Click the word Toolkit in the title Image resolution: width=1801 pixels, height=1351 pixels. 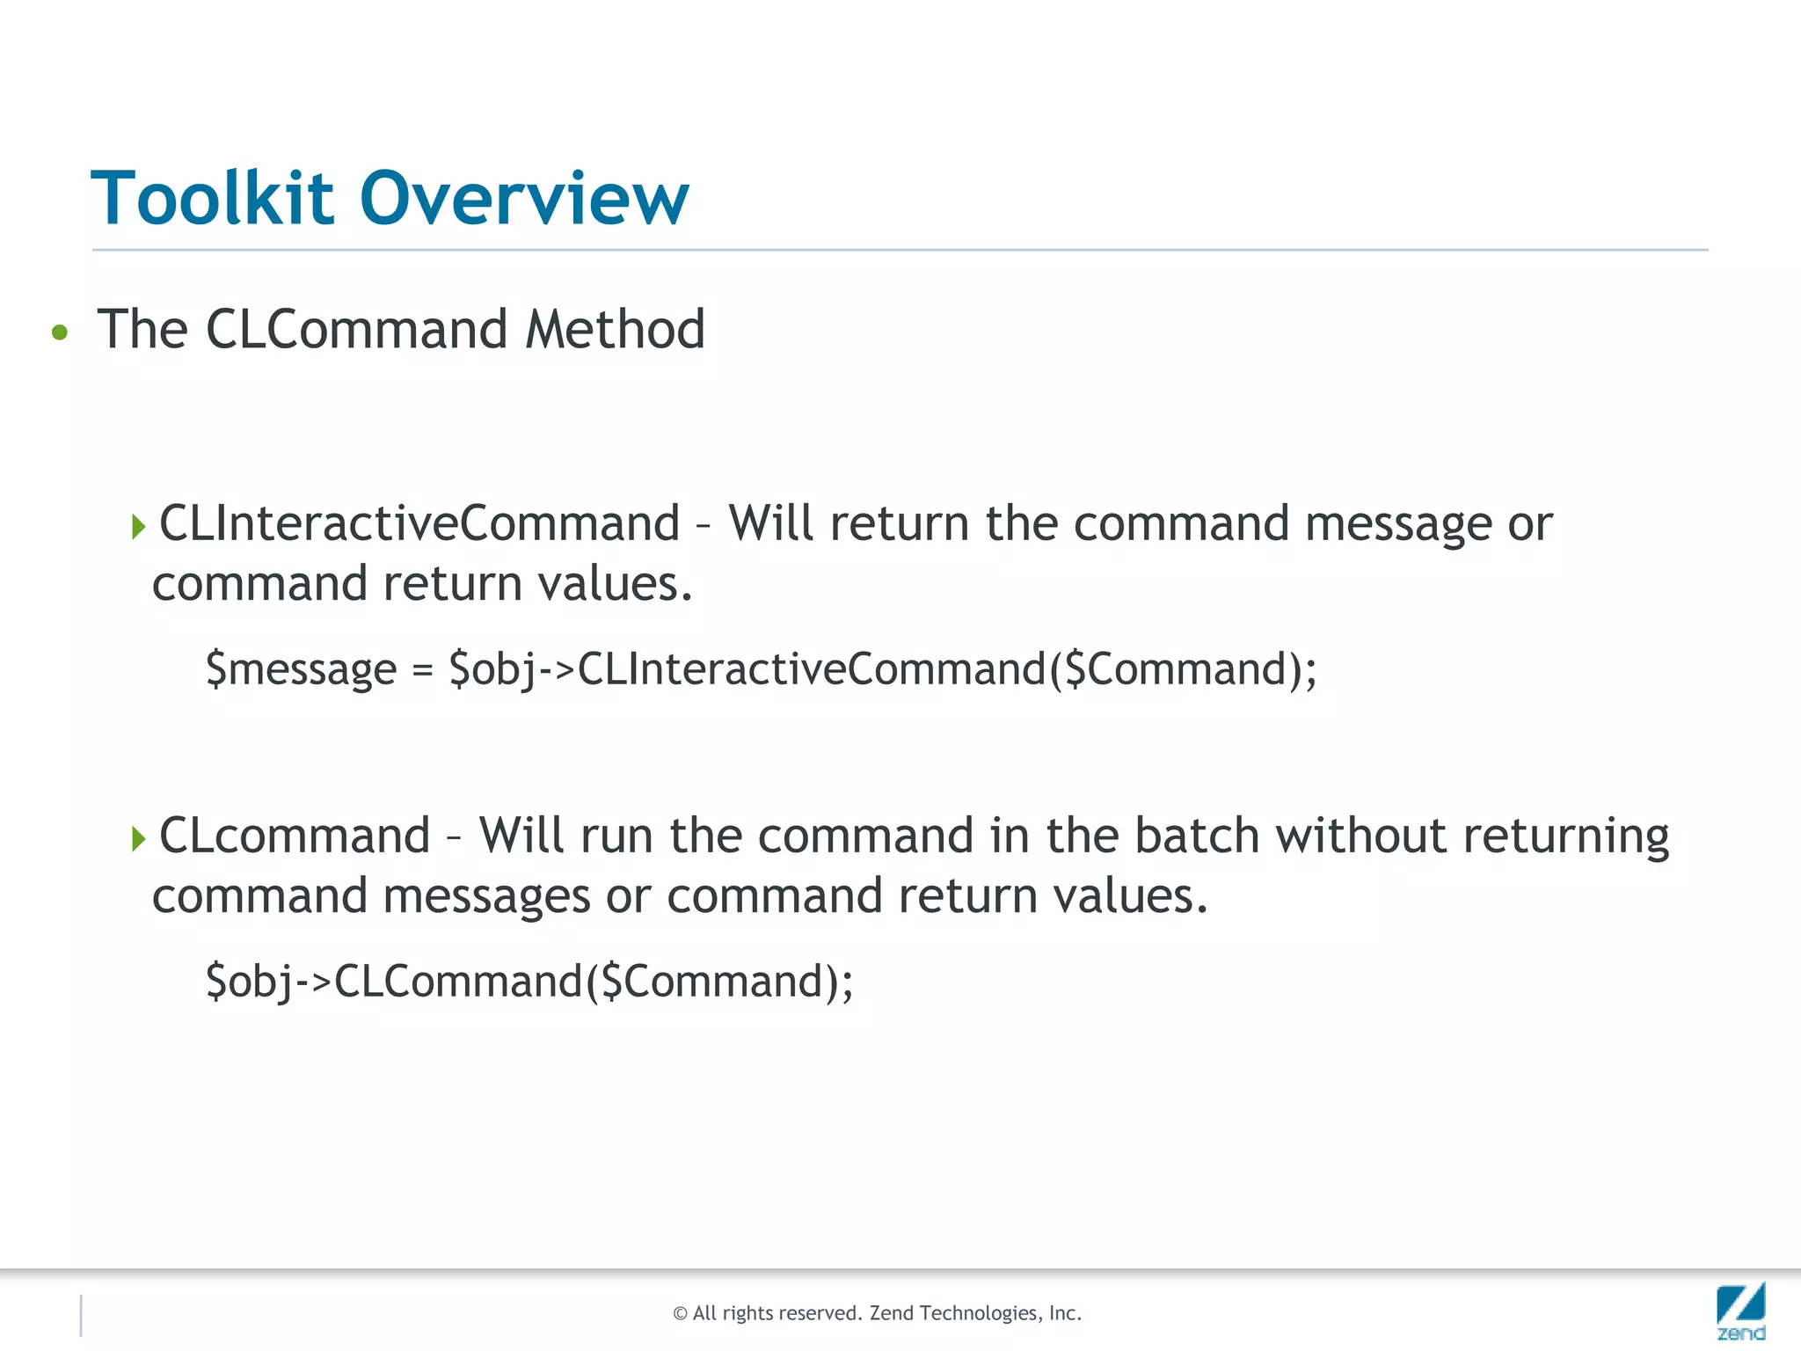tap(212, 199)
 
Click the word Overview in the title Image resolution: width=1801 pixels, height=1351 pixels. tap(524, 199)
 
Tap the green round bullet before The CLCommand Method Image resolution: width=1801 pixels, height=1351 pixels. tap(60, 332)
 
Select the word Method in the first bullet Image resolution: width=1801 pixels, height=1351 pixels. tap(615, 330)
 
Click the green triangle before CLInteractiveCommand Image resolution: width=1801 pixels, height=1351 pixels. tap(138, 527)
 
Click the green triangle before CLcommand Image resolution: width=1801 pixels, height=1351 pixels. tap(138, 838)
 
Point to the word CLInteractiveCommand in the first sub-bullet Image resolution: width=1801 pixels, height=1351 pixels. tap(419, 524)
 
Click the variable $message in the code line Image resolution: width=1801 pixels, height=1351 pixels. tap(301, 670)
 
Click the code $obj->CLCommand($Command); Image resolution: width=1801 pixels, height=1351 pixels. tap(529, 982)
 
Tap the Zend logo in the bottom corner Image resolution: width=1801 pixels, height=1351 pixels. tap(1740, 1311)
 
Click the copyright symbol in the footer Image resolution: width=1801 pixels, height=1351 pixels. tap(680, 1314)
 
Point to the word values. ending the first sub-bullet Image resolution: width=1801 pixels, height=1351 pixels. tap(616, 585)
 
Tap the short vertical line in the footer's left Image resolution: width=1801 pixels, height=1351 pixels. tap(81, 1315)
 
